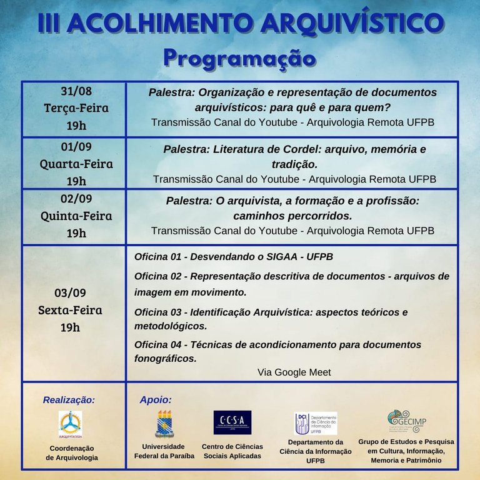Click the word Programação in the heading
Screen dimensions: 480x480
point(239,58)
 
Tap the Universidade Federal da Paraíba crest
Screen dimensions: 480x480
point(164,423)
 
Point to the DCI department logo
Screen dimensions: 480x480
point(316,423)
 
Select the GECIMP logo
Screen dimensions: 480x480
point(406,421)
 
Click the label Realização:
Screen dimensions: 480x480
point(69,399)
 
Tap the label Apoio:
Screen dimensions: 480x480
point(156,399)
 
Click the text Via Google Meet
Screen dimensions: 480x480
point(294,372)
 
